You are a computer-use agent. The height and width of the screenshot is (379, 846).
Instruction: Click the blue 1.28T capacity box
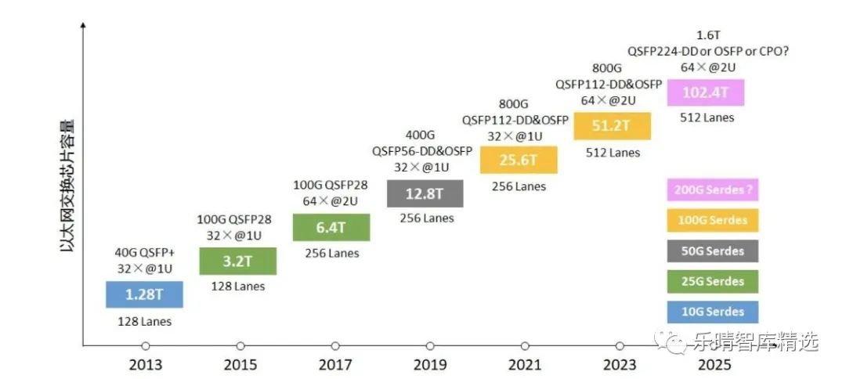[x=144, y=294]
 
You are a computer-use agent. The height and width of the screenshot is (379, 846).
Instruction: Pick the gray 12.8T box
[x=425, y=193]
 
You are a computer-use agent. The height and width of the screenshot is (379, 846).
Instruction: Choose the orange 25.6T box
[x=519, y=160]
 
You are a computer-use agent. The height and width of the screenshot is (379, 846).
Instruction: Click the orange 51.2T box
[x=613, y=125]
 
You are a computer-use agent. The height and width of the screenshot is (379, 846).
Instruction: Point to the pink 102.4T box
[x=706, y=92]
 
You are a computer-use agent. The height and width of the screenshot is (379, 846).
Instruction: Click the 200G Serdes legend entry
[x=712, y=189]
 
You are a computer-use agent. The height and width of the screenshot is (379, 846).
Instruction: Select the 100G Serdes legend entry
[x=712, y=220]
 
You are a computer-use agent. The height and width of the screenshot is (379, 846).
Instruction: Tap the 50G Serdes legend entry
[x=712, y=251]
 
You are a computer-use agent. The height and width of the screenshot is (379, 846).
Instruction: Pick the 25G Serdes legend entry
[x=712, y=281]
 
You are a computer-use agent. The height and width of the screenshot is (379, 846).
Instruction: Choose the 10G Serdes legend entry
[x=712, y=312]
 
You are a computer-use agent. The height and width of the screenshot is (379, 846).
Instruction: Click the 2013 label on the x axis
[x=145, y=365]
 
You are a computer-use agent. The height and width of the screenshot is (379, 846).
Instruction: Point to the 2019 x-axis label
[x=430, y=365]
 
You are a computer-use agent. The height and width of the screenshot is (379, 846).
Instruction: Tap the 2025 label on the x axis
[x=714, y=365]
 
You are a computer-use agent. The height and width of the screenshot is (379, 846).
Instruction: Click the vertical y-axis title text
[x=67, y=185]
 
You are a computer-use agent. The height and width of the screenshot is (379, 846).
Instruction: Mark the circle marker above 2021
[x=525, y=345]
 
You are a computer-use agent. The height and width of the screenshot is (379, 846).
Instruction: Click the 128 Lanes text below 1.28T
[x=144, y=321]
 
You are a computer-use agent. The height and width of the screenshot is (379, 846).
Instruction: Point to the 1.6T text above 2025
[x=709, y=36]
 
